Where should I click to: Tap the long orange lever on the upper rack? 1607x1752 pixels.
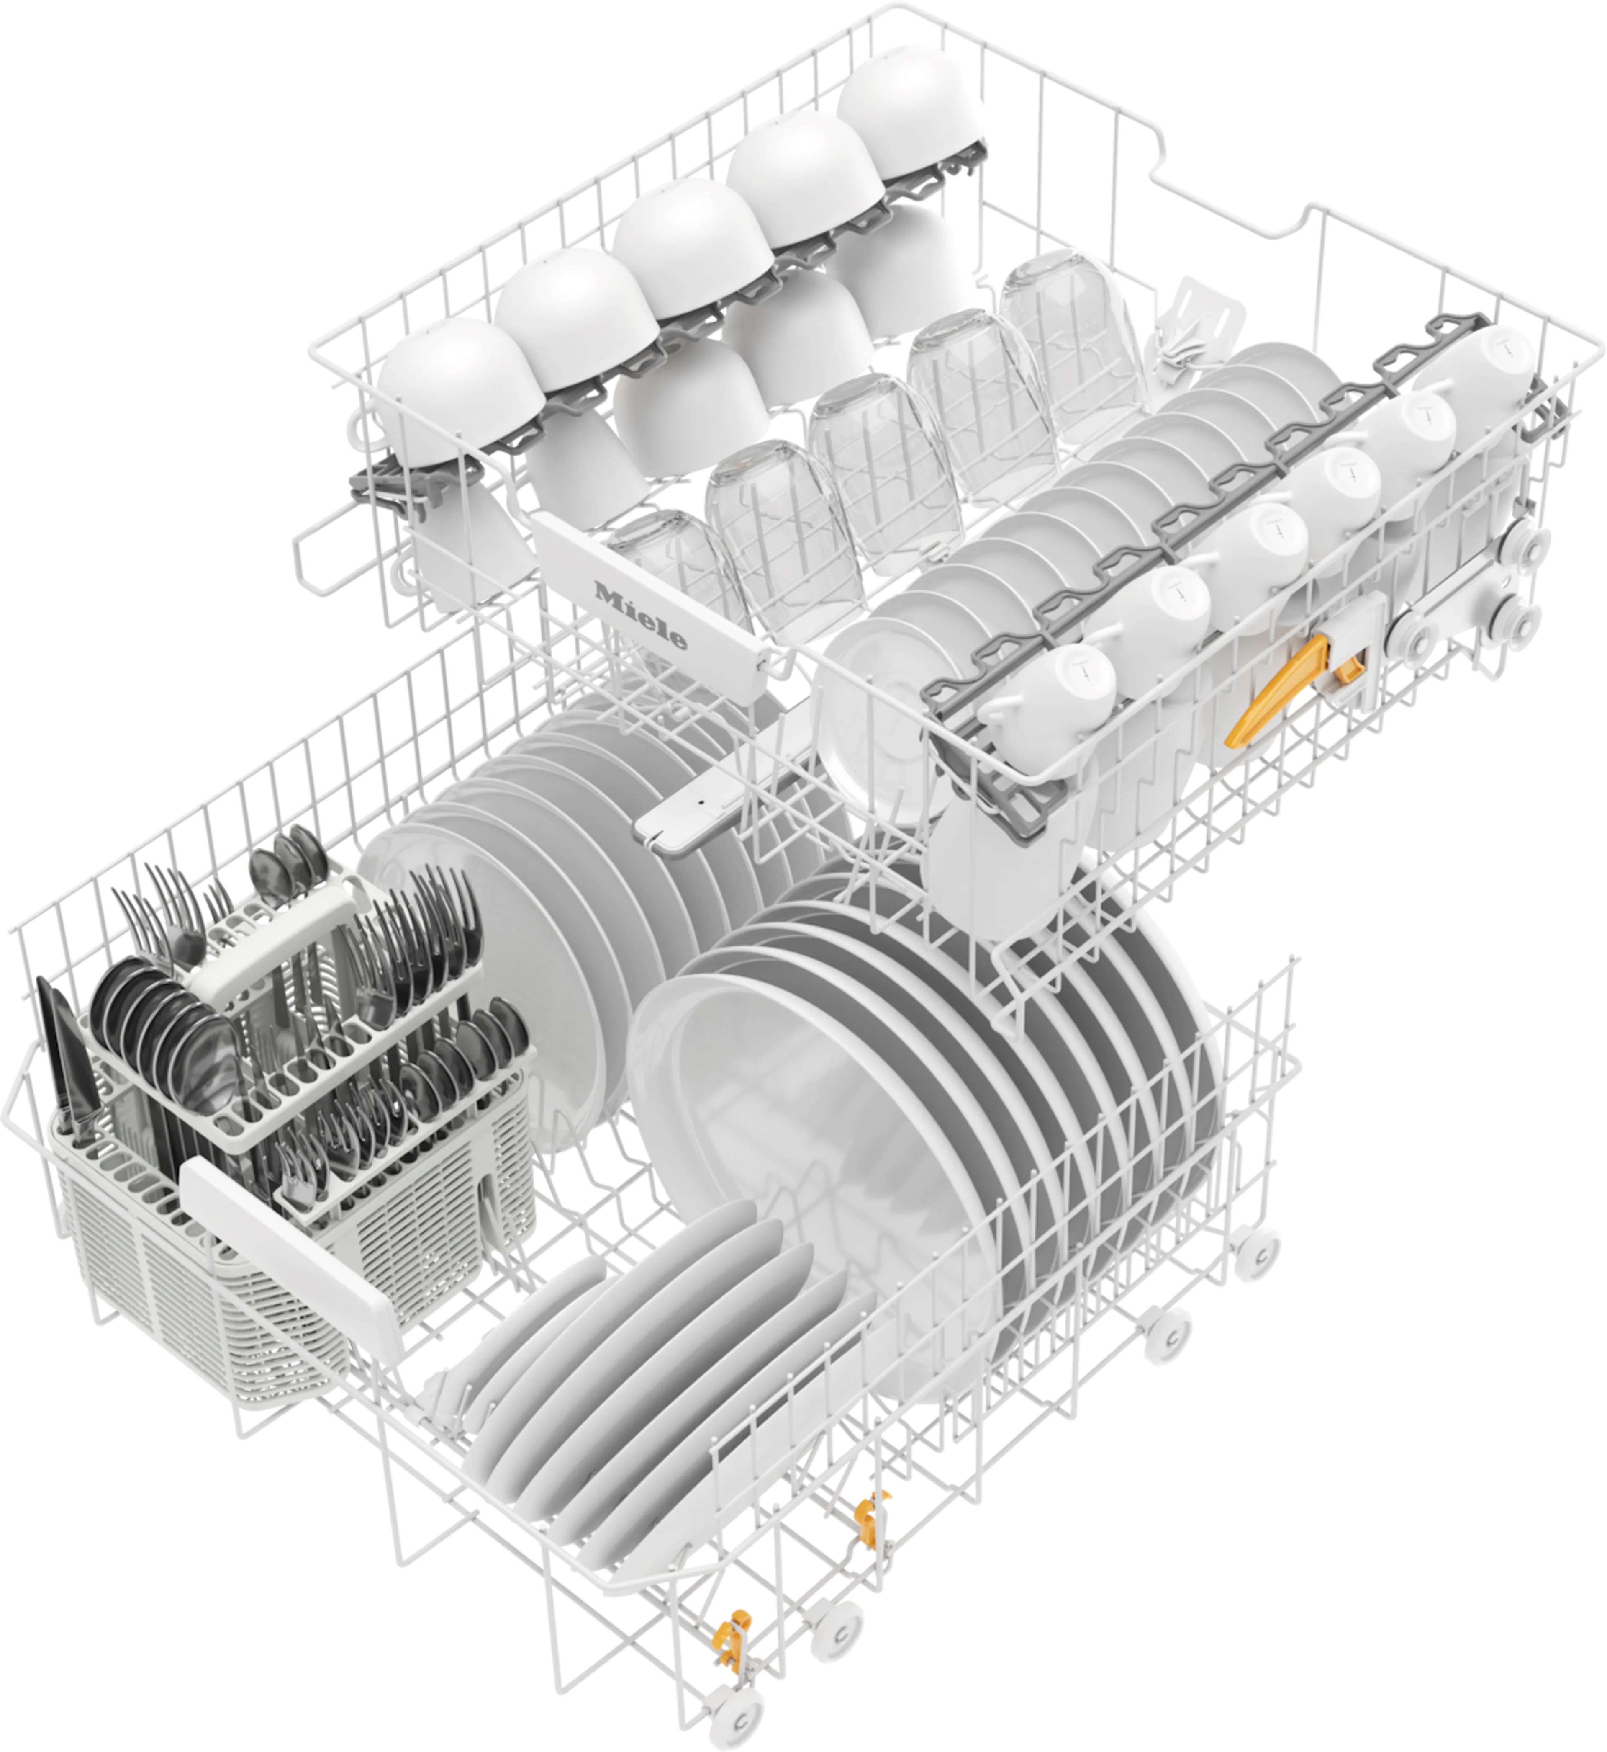coord(1276,690)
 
